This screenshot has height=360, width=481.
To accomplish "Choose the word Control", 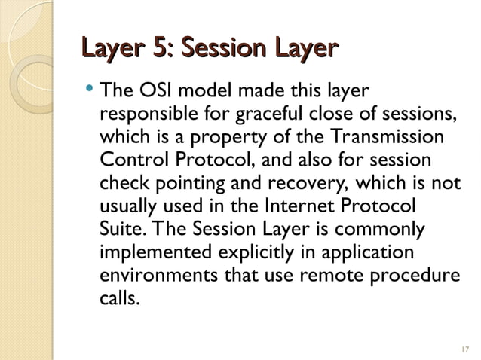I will click(130, 161).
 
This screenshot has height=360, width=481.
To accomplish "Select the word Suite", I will click(117, 228).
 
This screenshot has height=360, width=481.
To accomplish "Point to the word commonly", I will click(388, 229).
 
